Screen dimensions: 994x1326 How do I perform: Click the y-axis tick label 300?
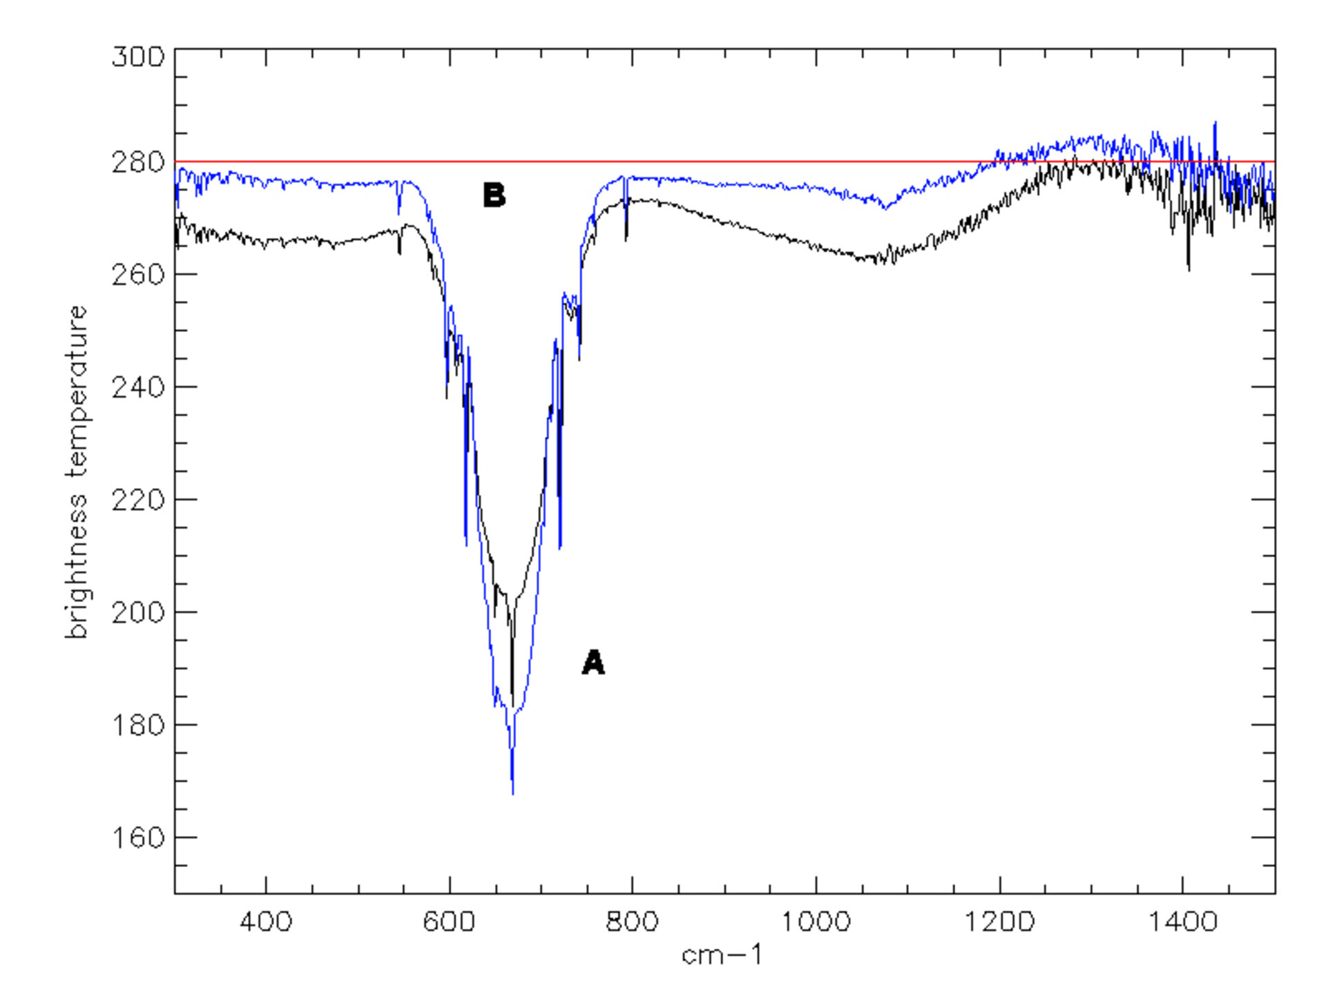(138, 57)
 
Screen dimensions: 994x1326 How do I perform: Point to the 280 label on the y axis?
(138, 163)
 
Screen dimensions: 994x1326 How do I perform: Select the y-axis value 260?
(138, 275)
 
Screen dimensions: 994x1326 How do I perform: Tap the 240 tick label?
(138, 387)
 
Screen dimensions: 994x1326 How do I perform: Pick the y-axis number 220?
(138, 500)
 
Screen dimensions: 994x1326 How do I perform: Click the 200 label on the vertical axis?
(138, 612)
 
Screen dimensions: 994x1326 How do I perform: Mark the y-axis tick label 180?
(138, 725)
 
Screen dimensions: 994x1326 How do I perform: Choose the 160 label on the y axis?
(138, 837)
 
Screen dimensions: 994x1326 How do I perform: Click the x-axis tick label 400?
(266, 922)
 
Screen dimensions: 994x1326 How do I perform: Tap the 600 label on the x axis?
(449, 922)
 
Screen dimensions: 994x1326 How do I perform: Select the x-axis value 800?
(632, 922)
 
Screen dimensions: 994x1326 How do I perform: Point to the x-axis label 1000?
(816, 922)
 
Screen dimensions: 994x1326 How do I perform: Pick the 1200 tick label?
(999, 922)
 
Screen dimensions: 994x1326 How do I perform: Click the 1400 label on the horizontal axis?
(1182, 922)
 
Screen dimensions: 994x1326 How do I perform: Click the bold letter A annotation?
(593, 663)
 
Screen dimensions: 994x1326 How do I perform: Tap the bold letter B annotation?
(494, 195)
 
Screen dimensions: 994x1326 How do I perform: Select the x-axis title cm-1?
(722, 955)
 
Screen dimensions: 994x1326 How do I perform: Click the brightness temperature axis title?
(77, 472)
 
